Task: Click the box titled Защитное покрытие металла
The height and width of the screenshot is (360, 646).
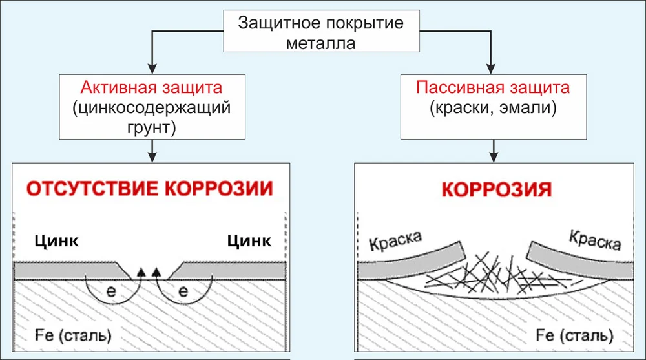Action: pyautogui.click(x=321, y=31)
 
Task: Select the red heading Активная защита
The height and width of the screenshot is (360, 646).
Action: pyautogui.click(x=152, y=87)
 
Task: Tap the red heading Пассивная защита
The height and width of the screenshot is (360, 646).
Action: pyautogui.click(x=493, y=87)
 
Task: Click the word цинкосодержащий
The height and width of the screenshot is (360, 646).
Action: pyautogui.click(x=152, y=108)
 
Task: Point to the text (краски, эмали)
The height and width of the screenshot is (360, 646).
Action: pyautogui.click(x=493, y=108)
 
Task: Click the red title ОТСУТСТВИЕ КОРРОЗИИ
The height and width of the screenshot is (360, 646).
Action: pyautogui.click(x=150, y=189)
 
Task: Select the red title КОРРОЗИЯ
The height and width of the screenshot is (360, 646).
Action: pyautogui.click(x=496, y=189)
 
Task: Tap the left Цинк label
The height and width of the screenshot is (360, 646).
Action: pyautogui.click(x=56, y=241)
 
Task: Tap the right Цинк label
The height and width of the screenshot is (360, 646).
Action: pyautogui.click(x=249, y=241)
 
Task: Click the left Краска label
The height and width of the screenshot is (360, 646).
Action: pyautogui.click(x=395, y=240)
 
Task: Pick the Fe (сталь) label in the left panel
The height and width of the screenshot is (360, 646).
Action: pyautogui.click(x=73, y=335)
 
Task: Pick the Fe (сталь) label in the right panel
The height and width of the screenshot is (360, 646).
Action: pyautogui.click(x=574, y=335)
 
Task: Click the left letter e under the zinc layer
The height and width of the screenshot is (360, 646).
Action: pyautogui.click(x=111, y=291)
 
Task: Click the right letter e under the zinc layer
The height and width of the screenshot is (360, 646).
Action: pyautogui.click(x=183, y=291)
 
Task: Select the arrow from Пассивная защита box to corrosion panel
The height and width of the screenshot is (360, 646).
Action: pyautogui.click(x=494, y=151)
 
